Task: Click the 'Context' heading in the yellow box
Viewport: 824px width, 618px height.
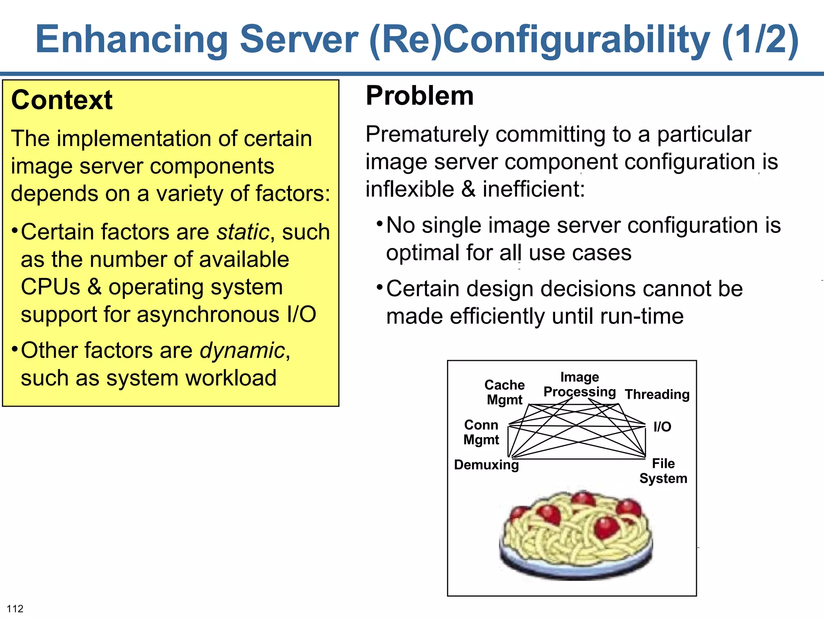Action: click(62, 100)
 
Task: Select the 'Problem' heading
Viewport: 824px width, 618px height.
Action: click(420, 96)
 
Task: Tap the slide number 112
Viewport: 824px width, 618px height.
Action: click(15, 608)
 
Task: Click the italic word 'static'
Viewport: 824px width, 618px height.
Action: click(243, 232)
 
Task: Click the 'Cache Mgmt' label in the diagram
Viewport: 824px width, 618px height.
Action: click(505, 392)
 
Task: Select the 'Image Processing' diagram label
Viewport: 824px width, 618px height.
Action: click(579, 385)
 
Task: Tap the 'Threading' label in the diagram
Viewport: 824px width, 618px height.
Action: click(657, 394)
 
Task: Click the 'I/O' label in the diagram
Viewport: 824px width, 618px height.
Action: click(662, 426)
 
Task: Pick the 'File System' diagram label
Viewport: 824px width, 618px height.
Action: click(663, 471)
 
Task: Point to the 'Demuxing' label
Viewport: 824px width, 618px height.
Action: click(486, 465)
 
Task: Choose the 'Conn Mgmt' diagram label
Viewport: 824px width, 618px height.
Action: click(481, 432)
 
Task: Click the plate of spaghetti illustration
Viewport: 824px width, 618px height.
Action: click(576, 535)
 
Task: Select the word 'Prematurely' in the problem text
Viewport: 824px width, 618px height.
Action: click(427, 134)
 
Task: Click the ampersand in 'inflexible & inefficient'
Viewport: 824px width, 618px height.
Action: click(468, 189)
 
